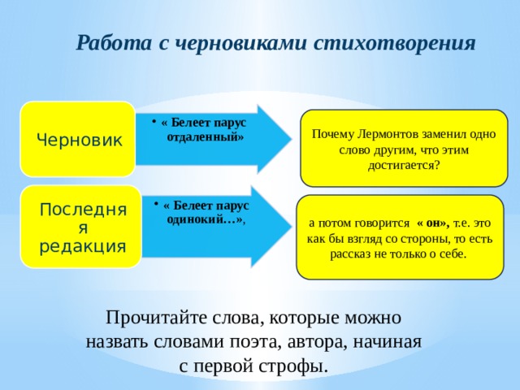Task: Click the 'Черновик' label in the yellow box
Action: [80, 139]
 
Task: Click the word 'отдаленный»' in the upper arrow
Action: [205, 136]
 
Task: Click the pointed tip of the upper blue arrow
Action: [288, 139]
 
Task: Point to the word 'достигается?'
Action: [404, 165]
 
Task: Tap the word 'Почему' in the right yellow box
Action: [334, 134]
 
